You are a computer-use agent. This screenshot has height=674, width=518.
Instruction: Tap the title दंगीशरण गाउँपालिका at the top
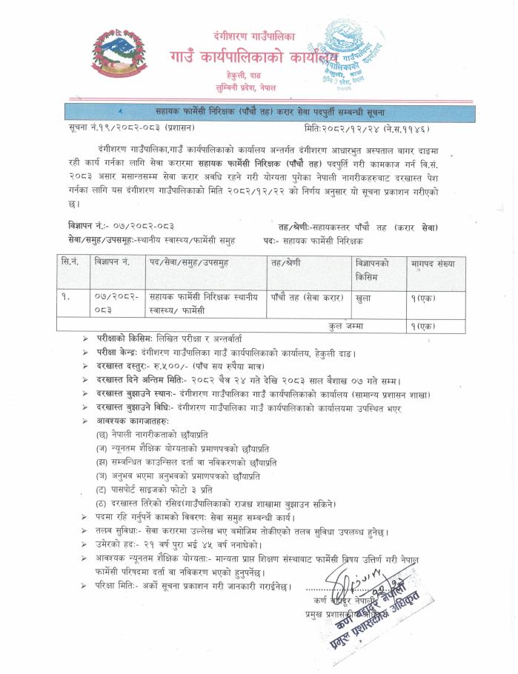click(x=251, y=36)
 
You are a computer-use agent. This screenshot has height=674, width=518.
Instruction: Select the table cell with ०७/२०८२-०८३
click(x=113, y=301)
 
